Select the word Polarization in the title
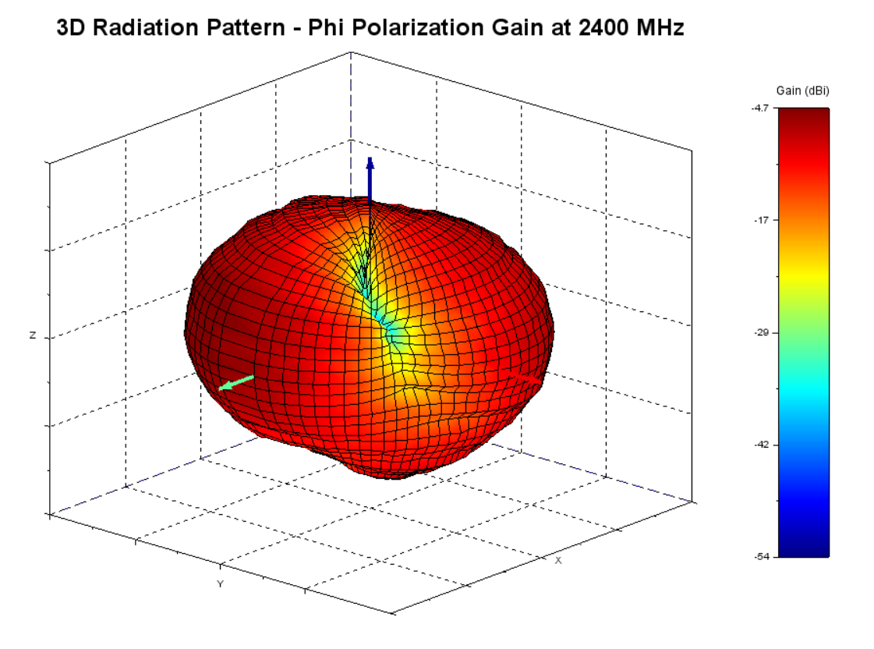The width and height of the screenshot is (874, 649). pyautogui.click(x=428, y=29)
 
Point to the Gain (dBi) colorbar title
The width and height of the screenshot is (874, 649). pyautogui.click(x=803, y=91)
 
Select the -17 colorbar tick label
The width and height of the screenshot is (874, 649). pyautogui.click(x=762, y=221)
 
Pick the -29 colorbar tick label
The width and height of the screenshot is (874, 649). pyautogui.click(x=762, y=333)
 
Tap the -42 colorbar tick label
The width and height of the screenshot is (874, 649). pyautogui.click(x=762, y=445)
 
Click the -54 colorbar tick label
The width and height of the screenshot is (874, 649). pyautogui.click(x=762, y=556)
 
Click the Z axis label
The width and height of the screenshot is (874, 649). pyautogui.click(x=33, y=335)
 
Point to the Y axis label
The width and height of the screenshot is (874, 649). pyautogui.click(x=221, y=583)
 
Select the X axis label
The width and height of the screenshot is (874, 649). pyautogui.click(x=558, y=560)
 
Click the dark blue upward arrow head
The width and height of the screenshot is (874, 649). pyautogui.click(x=370, y=164)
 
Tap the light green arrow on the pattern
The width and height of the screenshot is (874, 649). pyautogui.click(x=235, y=382)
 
